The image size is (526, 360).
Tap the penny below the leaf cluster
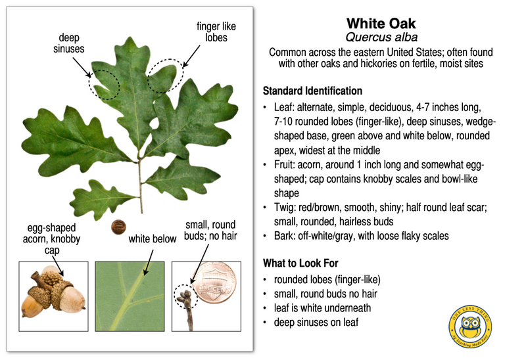coord(118,227)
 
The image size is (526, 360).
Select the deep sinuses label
coord(68,43)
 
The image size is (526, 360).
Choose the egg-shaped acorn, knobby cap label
coord(50,235)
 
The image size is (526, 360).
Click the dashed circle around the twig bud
coord(185,296)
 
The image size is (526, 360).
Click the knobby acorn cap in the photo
coord(52,284)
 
